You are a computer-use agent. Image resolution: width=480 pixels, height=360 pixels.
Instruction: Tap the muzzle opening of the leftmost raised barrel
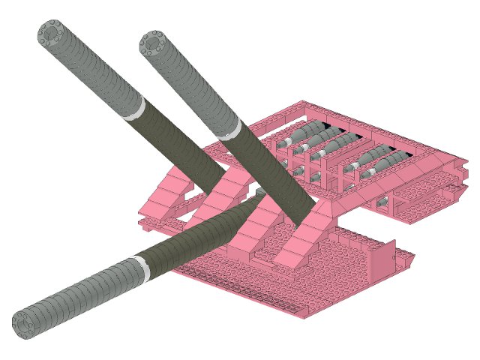[x=52, y=34]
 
